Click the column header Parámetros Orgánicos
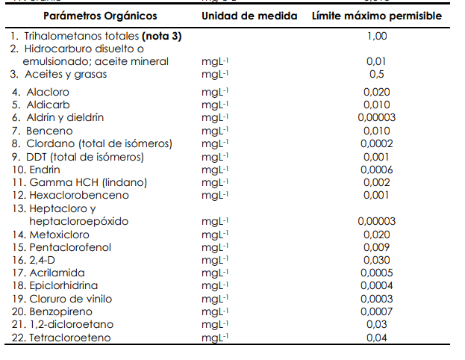(x=100, y=16)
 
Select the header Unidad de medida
(x=249, y=16)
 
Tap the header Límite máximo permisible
(x=377, y=16)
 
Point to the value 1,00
(x=377, y=36)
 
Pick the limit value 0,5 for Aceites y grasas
(x=377, y=74)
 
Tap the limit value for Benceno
(x=377, y=131)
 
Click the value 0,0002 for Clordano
(x=377, y=143)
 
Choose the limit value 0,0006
(x=377, y=170)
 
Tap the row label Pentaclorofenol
(x=64, y=246)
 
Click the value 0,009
(x=377, y=246)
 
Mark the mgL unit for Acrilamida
(x=214, y=273)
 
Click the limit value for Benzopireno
(x=377, y=311)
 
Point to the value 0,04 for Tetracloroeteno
(x=377, y=338)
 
